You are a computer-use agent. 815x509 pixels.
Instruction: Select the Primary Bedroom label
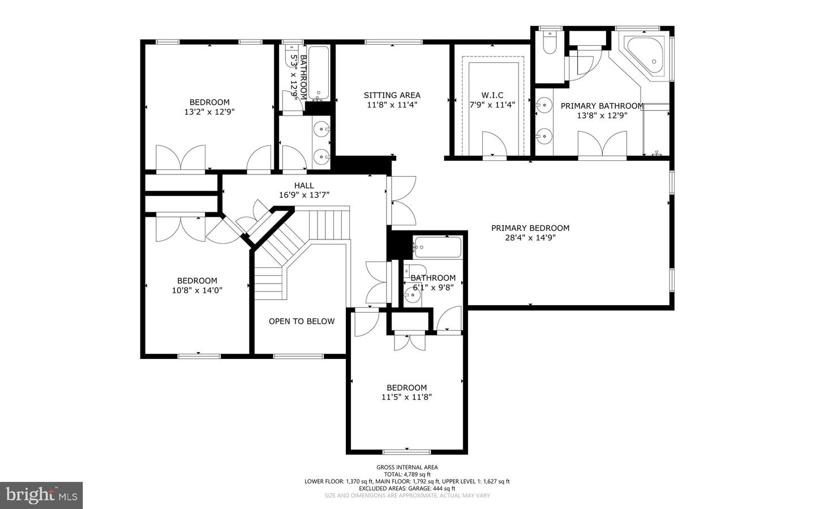click(530, 228)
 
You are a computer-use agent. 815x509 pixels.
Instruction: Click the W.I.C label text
click(492, 95)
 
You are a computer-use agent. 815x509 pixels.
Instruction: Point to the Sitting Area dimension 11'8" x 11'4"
click(392, 105)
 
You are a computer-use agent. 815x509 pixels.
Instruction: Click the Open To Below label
click(301, 321)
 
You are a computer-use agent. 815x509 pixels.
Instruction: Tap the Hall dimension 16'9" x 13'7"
click(304, 195)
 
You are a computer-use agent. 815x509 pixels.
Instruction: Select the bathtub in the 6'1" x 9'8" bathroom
click(436, 247)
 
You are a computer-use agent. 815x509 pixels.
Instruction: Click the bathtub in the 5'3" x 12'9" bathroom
click(319, 72)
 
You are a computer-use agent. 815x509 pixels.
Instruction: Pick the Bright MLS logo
click(41, 495)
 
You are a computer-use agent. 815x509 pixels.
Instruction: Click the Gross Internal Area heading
click(407, 467)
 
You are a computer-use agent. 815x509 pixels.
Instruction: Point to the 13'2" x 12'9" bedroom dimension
click(209, 112)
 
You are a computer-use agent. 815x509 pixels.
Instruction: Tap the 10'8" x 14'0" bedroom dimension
click(197, 290)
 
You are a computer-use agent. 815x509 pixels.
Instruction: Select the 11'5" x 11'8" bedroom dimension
click(407, 397)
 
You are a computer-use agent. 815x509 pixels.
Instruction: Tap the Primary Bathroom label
click(602, 106)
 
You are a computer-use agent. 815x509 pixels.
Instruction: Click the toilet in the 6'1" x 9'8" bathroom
click(414, 271)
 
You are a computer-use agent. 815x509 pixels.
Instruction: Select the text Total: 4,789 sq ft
click(407, 474)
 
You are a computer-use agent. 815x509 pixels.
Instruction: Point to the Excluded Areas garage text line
click(407, 488)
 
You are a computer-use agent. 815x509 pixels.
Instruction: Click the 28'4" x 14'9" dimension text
click(530, 238)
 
